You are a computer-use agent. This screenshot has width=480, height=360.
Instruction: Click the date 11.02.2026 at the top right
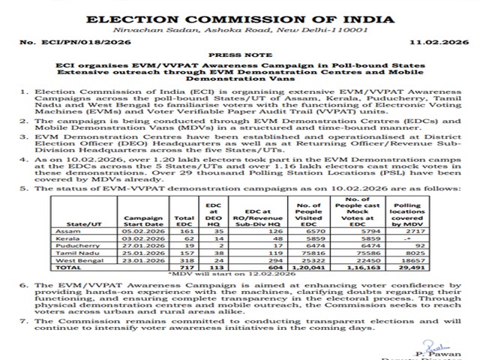click(427, 46)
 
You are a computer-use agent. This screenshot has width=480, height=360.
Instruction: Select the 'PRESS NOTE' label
click(240, 56)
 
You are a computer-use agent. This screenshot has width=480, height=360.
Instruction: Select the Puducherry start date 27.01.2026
click(138, 245)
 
